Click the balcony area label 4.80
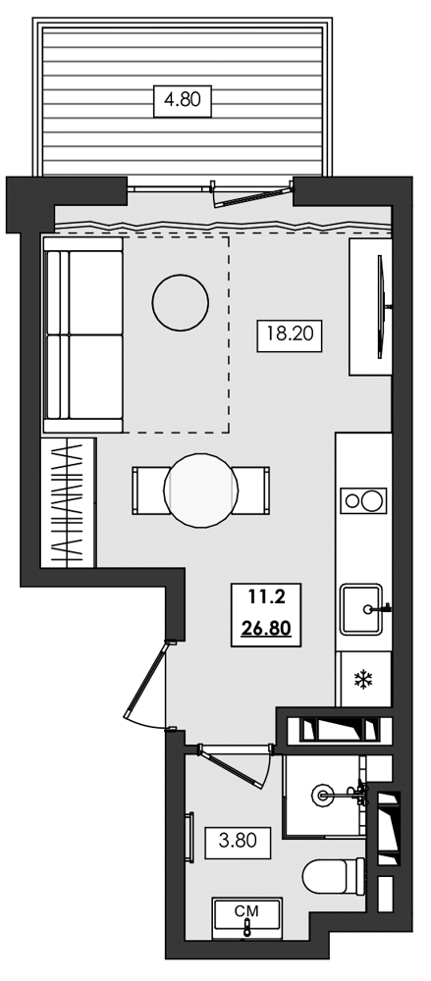pyautogui.click(x=183, y=100)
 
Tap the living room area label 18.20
pyautogui.click(x=290, y=335)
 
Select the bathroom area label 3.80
pyautogui.click(x=238, y=841)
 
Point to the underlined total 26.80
pyautogui.click(x=266, y=627)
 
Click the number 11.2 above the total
pyautogui.click(x=266, y=597)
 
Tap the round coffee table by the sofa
pyautogui.click(x=180, y=302)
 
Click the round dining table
pyautogui.click(x=201, y=490)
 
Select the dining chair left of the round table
pyautogui.click(x=149, y=490)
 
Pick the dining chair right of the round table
pyautogui.click(x=252, y=490)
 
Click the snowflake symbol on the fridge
pyautogui.click(x=363, y=679)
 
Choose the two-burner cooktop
pyautogui.click(x=363, y=500)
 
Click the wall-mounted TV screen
pyautogui.click(x=380, y=306)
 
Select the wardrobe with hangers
pyautogui.click(x=68, y=503)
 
